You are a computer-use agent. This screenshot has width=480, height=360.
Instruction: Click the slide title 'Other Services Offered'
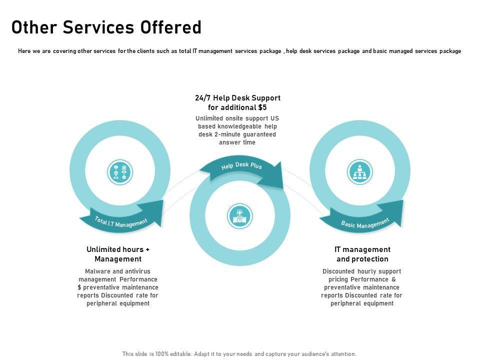106,27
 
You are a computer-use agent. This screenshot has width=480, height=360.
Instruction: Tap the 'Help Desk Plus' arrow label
241,166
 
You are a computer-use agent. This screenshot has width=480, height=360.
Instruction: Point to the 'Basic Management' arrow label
365,223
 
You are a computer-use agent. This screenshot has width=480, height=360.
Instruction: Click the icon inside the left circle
120,172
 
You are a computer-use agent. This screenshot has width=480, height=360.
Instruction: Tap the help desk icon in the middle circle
239,216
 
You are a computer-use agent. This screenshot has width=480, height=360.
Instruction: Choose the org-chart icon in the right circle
359,172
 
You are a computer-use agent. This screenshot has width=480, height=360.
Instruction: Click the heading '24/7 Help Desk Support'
237,98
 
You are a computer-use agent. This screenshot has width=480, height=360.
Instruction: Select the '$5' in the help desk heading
262,107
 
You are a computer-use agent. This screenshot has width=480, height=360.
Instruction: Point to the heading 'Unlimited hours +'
118,249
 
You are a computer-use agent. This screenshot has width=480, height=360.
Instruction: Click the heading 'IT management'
362,249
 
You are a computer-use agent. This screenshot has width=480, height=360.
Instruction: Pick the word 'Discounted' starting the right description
338,271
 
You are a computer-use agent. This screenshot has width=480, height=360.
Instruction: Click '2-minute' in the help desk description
227,134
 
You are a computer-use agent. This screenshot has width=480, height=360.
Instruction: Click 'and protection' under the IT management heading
362,259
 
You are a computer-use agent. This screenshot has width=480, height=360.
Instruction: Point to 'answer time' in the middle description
237,142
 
